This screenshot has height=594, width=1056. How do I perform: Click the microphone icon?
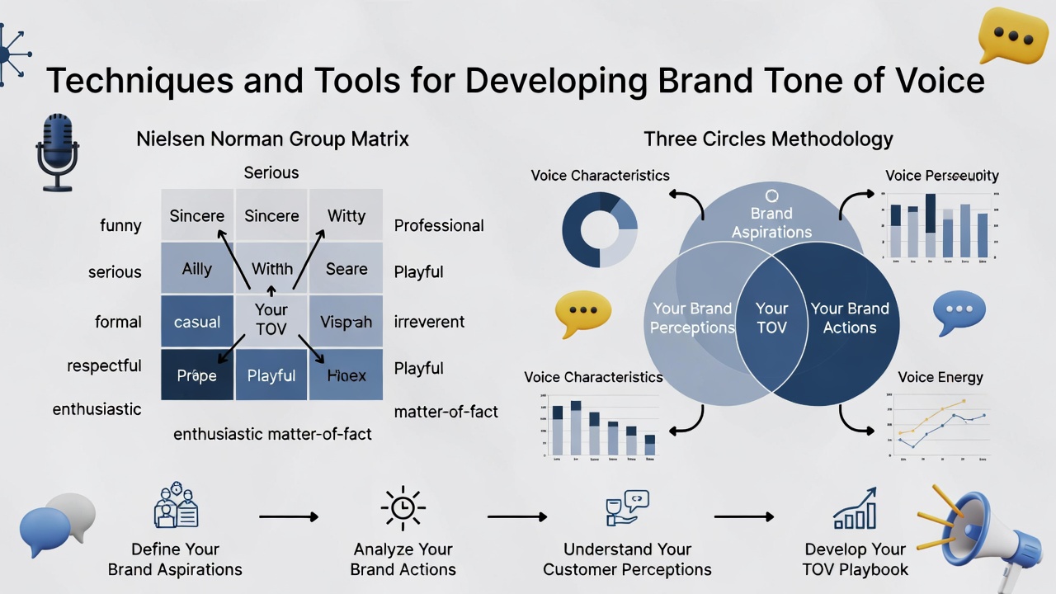(57, 153)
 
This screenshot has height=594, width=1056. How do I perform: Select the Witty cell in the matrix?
(346, 215)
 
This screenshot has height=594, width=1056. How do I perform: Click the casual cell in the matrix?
(197, 322)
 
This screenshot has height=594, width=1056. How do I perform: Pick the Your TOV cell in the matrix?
(271, 320)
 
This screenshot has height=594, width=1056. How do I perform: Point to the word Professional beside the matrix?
(439, 225)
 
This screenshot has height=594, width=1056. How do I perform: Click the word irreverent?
(429, 322)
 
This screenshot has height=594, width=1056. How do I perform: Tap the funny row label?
(120, 225)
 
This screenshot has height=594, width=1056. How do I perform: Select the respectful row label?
(104, 365)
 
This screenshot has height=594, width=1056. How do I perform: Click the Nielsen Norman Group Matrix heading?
(272, 139)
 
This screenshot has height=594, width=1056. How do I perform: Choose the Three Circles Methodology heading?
(768, 139)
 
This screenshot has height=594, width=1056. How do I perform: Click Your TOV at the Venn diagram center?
(771, 318)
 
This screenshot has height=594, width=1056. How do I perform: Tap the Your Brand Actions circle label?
(850, 318)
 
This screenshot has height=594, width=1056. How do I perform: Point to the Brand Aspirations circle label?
(771, 222)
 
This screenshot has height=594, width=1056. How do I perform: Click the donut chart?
(600, 229)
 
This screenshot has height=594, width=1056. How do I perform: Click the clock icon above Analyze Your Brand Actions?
(403, 508)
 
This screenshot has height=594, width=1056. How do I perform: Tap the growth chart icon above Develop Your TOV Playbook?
(855, 508)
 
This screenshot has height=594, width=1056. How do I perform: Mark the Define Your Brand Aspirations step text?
(175, 559)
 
